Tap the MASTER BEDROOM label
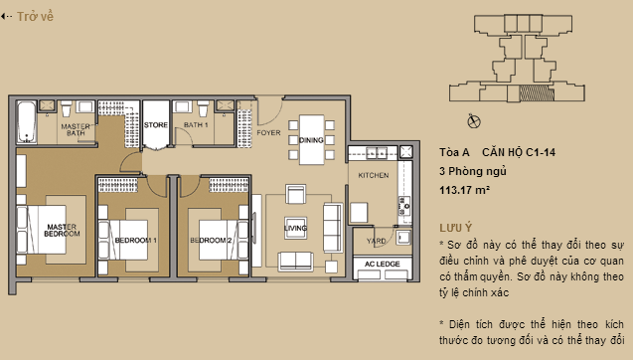click(x=63, y=230)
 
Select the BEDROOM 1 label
click(x=135, y=241)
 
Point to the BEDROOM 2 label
click(x=211, y=241)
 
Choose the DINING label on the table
click(x=310, y=141)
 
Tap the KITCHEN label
click(x=373, y=174)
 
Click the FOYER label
click(x=268, y=131)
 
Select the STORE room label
click(x=156, y=125)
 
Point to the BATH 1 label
click(x=196, y=125)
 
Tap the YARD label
click(x=377, y=240)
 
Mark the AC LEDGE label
click(x=383, y=264)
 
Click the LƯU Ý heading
click(x=454, y=228)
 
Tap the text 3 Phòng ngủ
click(x=465, y=170)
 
